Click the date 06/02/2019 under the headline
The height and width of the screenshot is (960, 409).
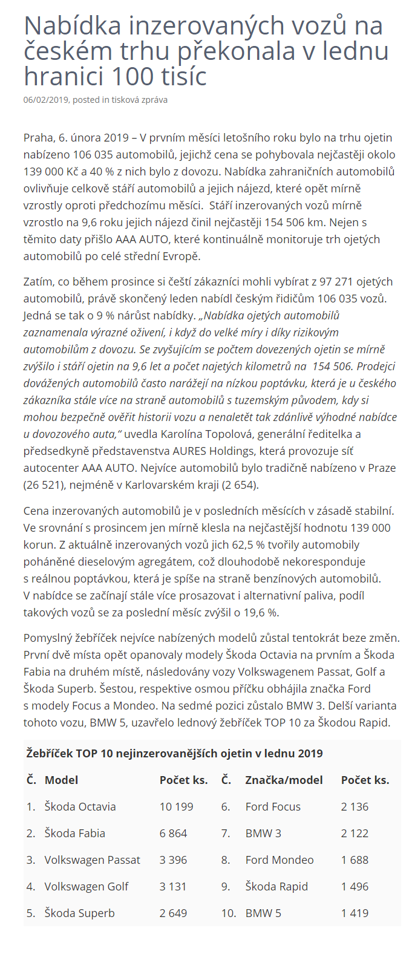(45, 100)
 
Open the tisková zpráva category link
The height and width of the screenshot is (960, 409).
(139, 100)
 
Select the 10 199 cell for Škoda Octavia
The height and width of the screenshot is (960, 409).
(176, 806)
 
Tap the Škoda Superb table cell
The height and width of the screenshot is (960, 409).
(79, 913)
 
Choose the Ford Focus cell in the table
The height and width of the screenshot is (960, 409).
(273, 806)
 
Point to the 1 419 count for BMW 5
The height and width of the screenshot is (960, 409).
(355, 913)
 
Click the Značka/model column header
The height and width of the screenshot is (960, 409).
(284, 780)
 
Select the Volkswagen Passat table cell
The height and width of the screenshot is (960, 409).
(92, 860)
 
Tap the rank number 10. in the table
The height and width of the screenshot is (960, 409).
(228, 913)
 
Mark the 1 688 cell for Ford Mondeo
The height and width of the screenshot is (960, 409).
(355, 860)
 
